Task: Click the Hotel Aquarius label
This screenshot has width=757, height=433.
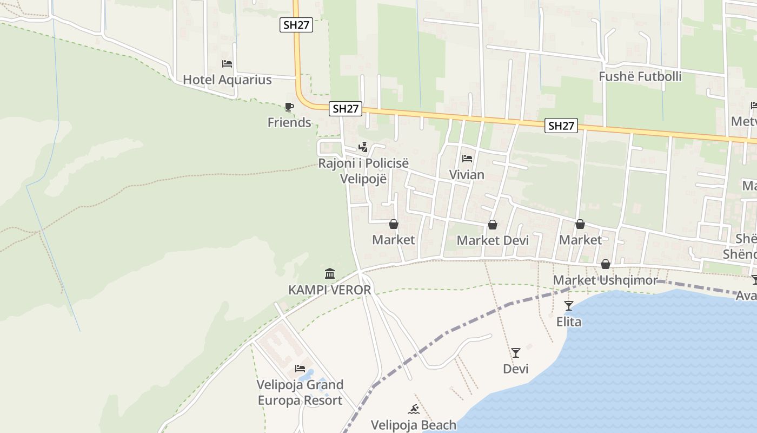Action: [227, 80]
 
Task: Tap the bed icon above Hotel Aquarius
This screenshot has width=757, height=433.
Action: [227, 64]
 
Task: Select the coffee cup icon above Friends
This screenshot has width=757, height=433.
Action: [289, 107]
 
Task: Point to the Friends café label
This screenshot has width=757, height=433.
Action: [289, 122]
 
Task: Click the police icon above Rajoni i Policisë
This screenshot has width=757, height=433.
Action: [363, 147]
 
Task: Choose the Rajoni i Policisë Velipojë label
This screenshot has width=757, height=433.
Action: [363, 171]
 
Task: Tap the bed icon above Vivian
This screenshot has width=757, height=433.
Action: [467, 159]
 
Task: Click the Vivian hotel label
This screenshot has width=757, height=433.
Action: [467, 175]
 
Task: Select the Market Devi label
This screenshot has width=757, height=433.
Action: [493, 240]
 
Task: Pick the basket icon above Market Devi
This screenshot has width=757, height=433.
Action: [493, 225]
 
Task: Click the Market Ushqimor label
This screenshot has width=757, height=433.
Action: [605, 280]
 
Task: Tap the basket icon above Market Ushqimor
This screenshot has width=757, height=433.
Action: [606, 264]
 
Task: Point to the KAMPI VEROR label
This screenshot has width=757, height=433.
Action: [330, 290]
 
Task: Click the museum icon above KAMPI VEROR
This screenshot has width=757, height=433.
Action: [330, 274]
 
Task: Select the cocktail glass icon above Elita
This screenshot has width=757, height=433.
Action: [569, 306]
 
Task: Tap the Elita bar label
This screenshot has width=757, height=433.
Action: [569, 322]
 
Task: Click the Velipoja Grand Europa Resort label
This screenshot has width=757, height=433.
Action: [300, 392]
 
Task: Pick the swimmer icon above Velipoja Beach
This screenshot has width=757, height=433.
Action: [414, 409]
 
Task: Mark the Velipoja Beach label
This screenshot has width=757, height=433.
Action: [414, 425]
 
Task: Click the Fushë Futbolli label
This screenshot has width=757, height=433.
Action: [640, 76]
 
